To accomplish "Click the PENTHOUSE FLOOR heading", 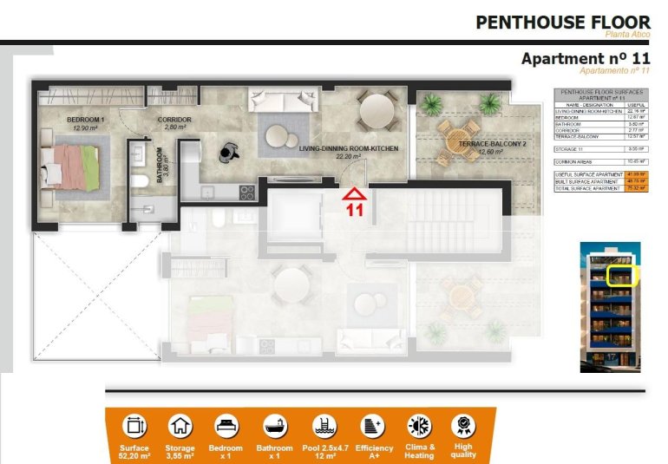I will [562, 23].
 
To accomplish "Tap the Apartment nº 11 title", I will [585, 58].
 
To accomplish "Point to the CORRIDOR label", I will [174, 120].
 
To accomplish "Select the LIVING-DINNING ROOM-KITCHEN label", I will [349, 149].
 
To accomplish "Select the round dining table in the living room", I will [377, 111].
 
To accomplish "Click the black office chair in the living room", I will [228, 150].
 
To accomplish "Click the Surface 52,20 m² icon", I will [134, 426].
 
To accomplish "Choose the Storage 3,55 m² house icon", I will [180, 426].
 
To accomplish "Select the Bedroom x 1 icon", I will [226, 426].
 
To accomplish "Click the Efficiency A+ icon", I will [372, 426].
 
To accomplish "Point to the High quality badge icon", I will [463, 426].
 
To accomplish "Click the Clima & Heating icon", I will [419, 426].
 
